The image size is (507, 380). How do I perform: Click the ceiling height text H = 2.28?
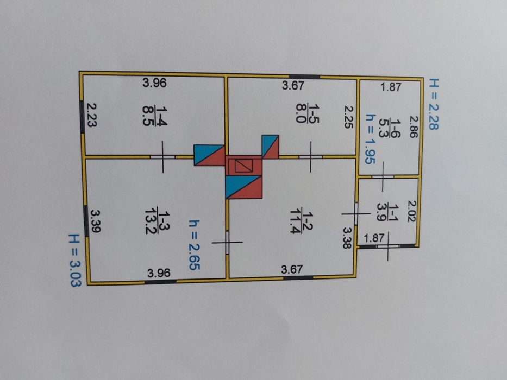433,104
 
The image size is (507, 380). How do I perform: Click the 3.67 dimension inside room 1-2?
292,268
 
